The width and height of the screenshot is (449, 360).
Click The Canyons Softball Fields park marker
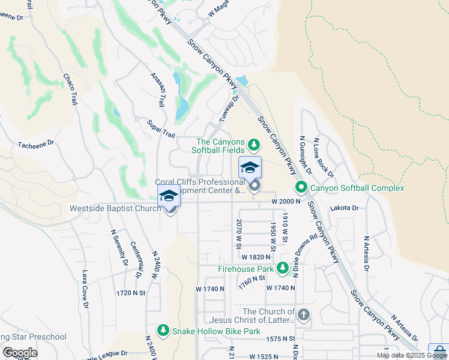254,145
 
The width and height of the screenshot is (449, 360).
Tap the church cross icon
304,314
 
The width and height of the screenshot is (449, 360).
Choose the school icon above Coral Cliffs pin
250,167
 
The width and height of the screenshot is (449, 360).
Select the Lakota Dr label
345,208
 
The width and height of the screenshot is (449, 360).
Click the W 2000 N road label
285,202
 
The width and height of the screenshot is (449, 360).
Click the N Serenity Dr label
118,248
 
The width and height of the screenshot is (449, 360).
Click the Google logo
20,353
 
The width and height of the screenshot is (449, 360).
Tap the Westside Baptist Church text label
115,209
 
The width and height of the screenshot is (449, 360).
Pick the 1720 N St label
132,293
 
